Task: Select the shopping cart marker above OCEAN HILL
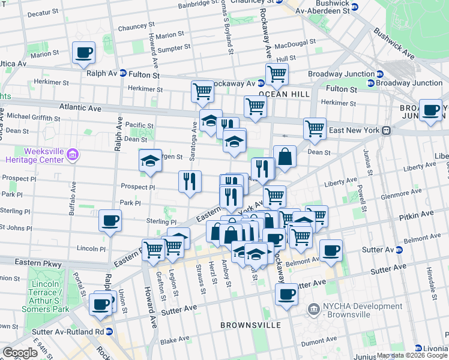coord(276,74)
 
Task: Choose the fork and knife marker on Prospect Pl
coord(190,181)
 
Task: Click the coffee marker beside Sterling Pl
coord(110,220)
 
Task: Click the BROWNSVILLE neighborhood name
coord(250,325)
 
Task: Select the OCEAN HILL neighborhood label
coord(284,94)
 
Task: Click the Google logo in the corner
coord(21,353)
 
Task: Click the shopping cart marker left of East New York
coord(315,128)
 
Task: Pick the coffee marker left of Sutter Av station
coord(330,250)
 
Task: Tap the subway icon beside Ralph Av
coord(122,74)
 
